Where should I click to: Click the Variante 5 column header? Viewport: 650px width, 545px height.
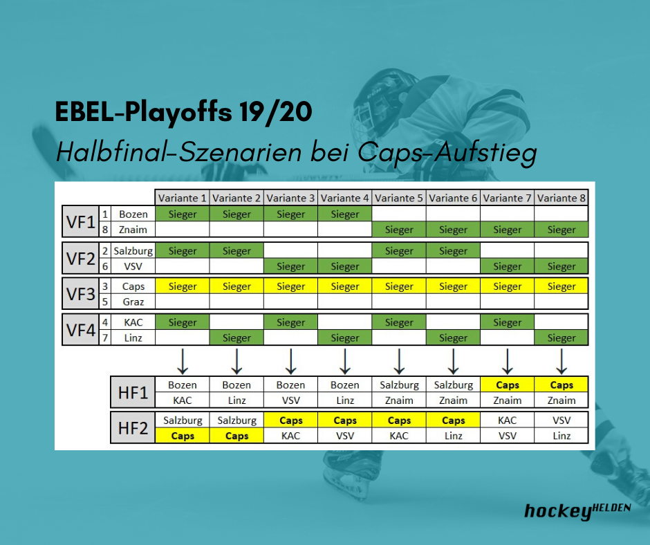[x=399, y=198]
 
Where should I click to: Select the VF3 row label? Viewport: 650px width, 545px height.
[x=81, y=294]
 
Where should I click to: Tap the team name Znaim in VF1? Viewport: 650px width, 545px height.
[x=133, y=230]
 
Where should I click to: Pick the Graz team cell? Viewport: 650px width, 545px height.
[x=133, y=302]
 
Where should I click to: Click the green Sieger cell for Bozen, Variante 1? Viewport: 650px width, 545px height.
[x=183, y=214]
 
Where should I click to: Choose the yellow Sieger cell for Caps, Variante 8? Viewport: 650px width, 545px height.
[x=561, y=286]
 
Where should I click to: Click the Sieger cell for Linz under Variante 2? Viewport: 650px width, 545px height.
[x=236, y=338]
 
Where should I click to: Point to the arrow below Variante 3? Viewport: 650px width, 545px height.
[x=291, y=362]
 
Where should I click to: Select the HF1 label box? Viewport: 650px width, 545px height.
[x=133, y=392]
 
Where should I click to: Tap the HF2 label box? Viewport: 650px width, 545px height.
[x=133, y=427]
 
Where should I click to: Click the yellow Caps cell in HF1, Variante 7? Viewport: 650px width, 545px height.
[x=508, y=385]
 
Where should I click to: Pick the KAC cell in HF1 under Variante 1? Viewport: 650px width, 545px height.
[x=183, y=400]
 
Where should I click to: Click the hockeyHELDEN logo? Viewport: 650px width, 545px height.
[x=577, y=511]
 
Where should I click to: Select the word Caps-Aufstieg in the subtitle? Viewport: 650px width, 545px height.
[x=447, y=153]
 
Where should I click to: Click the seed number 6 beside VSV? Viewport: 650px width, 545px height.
[x=105, y=266]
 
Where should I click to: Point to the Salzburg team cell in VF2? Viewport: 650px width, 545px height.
[x=133, y=250]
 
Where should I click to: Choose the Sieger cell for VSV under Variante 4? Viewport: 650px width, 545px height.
[x=345, y=266]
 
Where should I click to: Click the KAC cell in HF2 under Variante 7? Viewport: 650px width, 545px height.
[x=508, y=420]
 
